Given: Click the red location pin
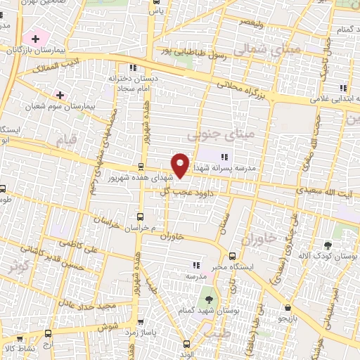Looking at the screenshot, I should click(x=181, y=165).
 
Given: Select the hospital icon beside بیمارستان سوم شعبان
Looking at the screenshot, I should click(x=60, y=95).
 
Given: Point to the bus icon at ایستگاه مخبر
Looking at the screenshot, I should click(x=232, y=256).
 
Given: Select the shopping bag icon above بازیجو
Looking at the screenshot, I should click(x=288, y=308).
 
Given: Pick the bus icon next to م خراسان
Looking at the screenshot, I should click(x=140, y=217).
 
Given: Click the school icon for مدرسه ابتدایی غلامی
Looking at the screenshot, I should click(x=342, y=88).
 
